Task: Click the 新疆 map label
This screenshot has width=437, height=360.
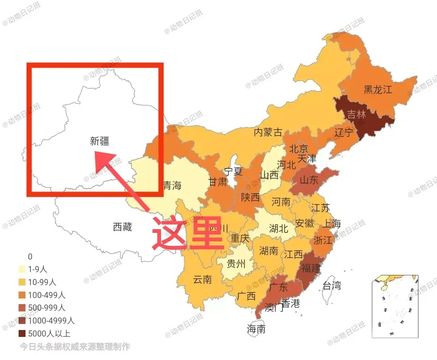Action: point(100,141)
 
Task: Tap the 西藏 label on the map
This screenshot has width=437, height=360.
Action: point(122,227)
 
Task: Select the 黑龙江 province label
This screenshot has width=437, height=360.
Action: point(378,89)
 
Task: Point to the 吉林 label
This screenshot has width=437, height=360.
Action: point(356,115)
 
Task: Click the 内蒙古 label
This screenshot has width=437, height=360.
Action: point(268,132)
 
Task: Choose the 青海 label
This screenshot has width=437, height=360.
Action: point(172,186)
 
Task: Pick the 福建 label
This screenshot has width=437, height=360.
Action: point(310,268)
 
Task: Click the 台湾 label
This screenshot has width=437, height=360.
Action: point(332,285)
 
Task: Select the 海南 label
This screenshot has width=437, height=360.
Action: point(256,329)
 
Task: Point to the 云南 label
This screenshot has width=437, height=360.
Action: point(202,279)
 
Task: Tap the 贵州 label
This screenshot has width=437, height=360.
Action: point(236,264)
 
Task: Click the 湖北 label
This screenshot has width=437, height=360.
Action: point(278,228)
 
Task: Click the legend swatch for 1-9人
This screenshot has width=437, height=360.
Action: point(22,269)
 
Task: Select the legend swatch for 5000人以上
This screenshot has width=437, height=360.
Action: point(22,334)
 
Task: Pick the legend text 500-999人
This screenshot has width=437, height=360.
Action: point(47,308)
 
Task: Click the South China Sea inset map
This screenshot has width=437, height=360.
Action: point(395,306)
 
